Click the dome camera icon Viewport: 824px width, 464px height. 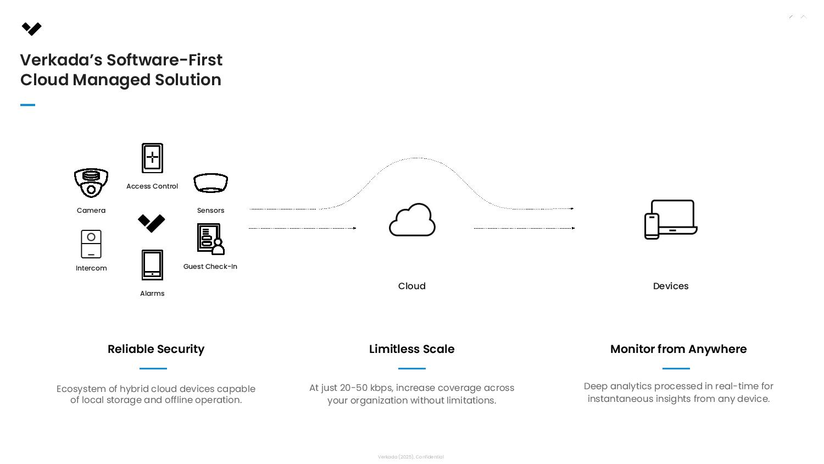(91, 183)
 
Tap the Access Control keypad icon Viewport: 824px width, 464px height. (152, 158)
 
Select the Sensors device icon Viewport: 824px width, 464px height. (210, 183)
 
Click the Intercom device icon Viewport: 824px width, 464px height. (91, 244)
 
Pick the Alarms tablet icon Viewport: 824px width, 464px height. (152, 265)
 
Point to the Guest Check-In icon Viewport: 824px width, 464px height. (211, 239)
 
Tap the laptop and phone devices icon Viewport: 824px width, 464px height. (671, 219)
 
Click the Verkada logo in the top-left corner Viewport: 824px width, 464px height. (32, 29)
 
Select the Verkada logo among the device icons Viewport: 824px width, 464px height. (152, 223)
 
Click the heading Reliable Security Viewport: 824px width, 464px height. (156, 349)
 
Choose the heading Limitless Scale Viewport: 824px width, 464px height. (412, 349)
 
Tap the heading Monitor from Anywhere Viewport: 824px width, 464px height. (678, 349)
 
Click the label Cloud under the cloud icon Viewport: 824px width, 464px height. (412, 286)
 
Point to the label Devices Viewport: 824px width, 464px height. (671, 286)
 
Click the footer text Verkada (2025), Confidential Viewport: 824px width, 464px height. (411, 457)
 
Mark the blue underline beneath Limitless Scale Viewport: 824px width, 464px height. (412, 368)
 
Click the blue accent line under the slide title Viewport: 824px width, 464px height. (27, 105)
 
